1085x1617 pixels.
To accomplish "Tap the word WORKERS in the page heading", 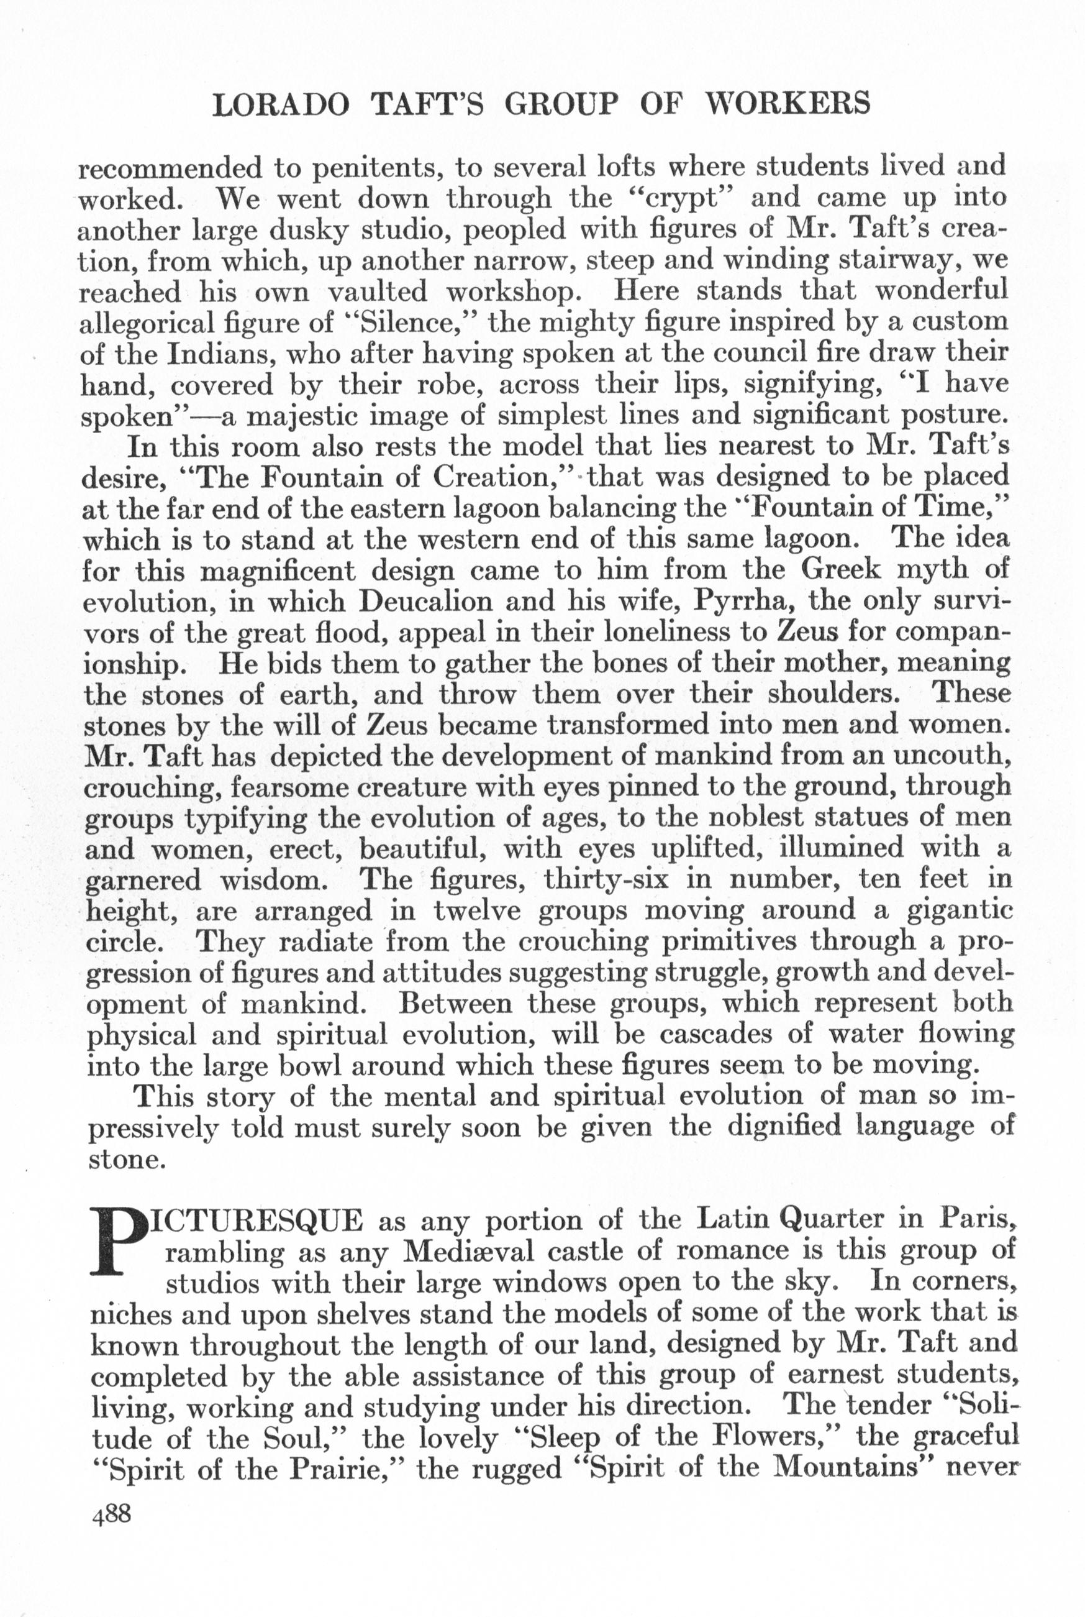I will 787,104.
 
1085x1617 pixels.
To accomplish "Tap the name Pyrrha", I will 741,602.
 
